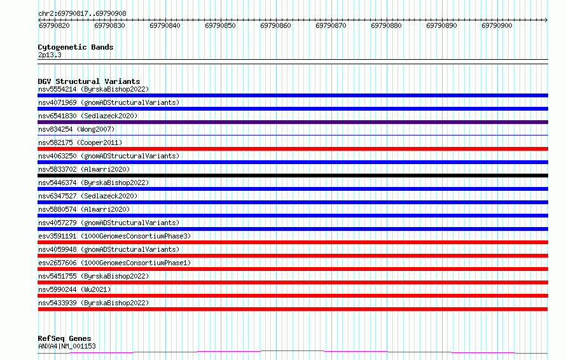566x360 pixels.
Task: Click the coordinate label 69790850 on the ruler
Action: click(x=220, y=25)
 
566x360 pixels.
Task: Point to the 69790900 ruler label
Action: click(x=497, y=25)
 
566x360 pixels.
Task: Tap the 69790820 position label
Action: click(x=54, y=25)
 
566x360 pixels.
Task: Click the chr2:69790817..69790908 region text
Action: click(x=82, y=14)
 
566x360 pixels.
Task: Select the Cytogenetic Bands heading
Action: click(x=76, y=47)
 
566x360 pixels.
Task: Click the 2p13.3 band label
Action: click(x=50, y=55)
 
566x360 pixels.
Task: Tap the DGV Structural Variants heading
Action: click(x=89, y=81)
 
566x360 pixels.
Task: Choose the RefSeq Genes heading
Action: click(x=65, y=338)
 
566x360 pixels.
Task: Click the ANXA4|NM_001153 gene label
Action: click(x=67, y=346)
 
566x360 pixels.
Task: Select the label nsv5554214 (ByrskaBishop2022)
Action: click(x=93, y=89)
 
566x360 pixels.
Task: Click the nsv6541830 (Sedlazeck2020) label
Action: click(x=88, y=116)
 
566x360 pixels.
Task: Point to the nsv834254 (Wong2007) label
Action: click(x=76, y=129)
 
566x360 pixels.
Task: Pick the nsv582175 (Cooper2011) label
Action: click(x=80, y=142)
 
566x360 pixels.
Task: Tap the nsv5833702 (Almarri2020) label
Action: click(x=84, y=169)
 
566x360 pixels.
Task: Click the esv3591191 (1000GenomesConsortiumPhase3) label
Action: click(x=114, y=236)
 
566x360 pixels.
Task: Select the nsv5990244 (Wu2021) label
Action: click(x=74, y=289)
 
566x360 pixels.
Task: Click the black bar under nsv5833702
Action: click(x=293, y=176)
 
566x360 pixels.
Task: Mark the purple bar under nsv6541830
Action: click(x=293, y=122)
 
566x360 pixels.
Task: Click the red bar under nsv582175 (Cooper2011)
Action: click(x=293, y=149)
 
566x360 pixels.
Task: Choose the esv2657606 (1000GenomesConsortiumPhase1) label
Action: click(x=114, y=263)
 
